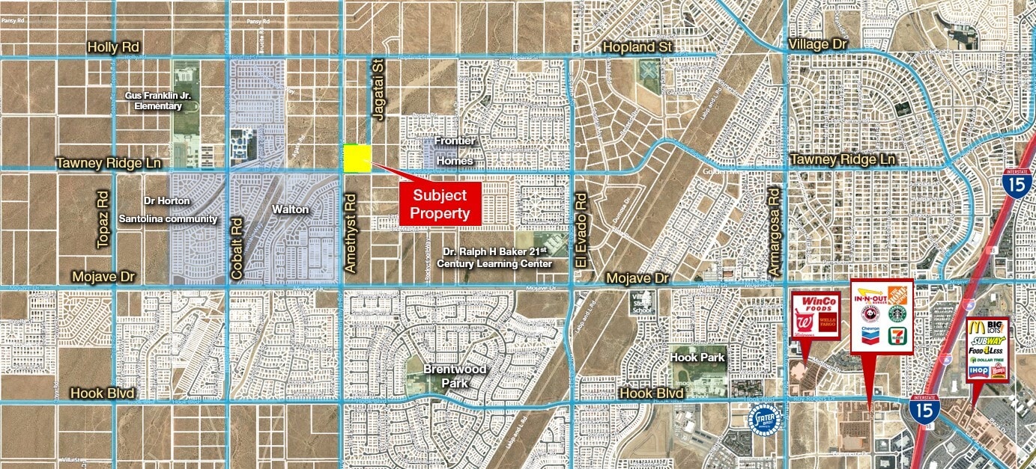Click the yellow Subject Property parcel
357,159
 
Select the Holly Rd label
114,46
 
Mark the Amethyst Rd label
349,232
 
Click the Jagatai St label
377,89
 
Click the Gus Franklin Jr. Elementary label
154,100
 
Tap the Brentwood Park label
455,376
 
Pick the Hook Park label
697,358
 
